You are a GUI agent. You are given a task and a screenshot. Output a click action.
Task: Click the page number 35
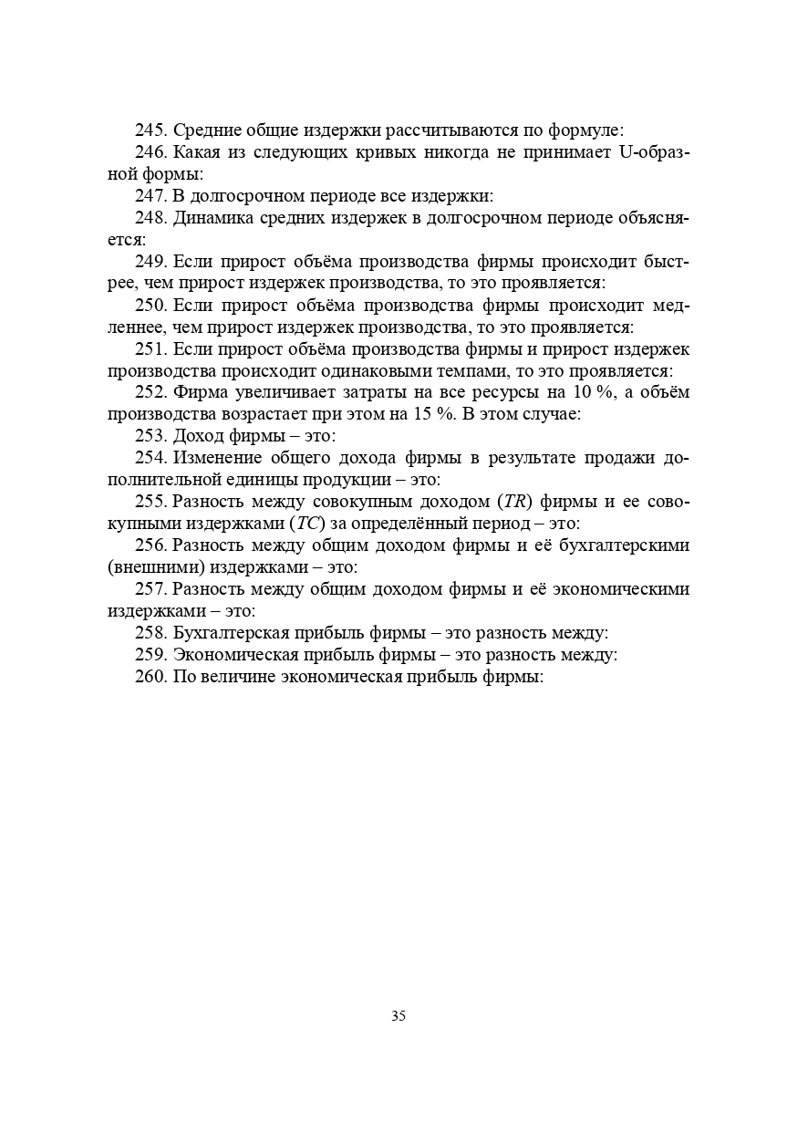click(399, 1016)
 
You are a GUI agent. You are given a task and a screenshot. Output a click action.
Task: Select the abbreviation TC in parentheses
click(306, 524)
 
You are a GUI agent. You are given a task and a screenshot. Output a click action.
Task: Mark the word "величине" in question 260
click(240, 678)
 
